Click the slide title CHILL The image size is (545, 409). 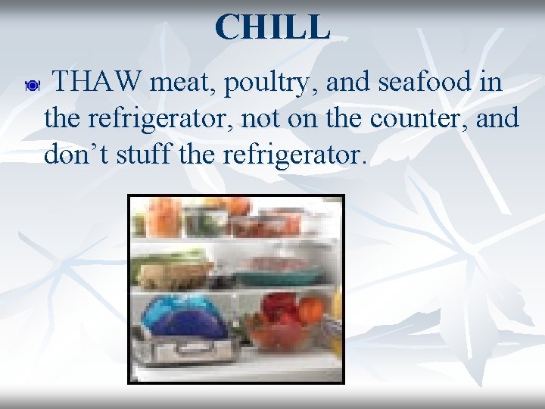click(x=272, y=27)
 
